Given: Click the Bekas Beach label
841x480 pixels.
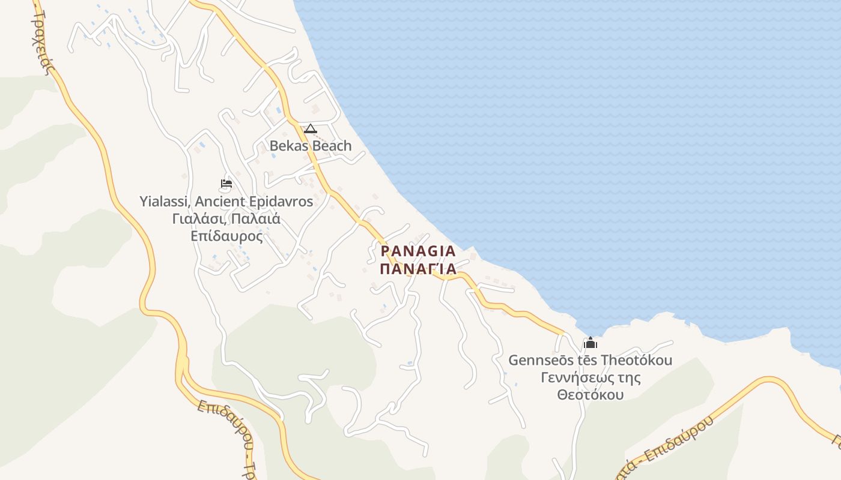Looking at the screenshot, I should point(310,146).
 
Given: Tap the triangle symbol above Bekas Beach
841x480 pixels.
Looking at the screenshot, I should point(310,128).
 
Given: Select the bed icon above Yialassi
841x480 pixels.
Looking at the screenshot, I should point(226,184).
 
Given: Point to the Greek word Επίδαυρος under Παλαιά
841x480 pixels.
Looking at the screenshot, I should point(226,236).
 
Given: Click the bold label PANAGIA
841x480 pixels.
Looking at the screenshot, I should point(418,251).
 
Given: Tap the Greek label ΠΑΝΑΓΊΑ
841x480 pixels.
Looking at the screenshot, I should point(418,268).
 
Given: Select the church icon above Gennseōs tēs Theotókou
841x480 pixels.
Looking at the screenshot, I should point(591,343).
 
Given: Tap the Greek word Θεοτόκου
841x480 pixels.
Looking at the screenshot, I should point(590,395).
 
